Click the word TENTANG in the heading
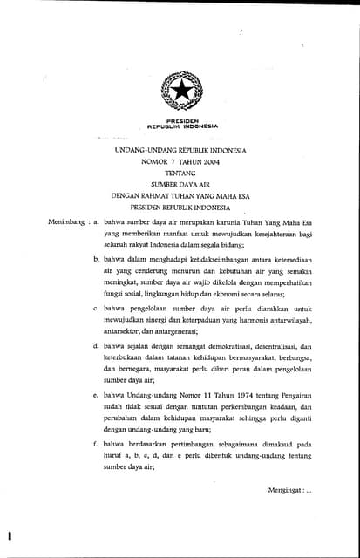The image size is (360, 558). coord(180,174)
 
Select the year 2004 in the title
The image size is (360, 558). coord(207,162)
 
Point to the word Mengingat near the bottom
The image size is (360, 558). coord(287,490)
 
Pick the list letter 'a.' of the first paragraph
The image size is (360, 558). coord(96,223)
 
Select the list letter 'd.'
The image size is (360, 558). coord(95,347)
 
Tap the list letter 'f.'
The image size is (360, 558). coord(95,445)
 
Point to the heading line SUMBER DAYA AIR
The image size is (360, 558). coord(180,185)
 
